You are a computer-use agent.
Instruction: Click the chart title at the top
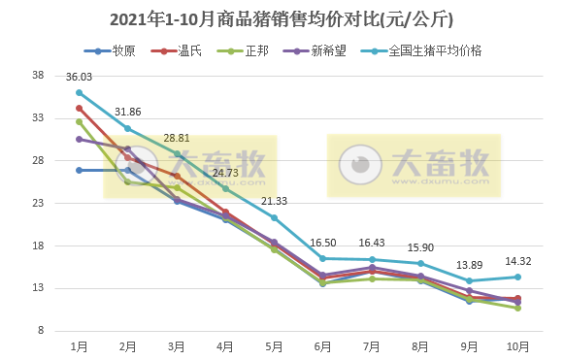[282, 18]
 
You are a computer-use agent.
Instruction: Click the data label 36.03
[79, 77]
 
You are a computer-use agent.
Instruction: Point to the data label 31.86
[128, 112]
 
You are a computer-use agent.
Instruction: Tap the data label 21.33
[275, 201]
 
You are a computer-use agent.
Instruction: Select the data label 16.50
[323, 243]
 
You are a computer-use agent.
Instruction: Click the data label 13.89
[470, 265]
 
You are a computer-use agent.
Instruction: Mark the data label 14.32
[518, 261]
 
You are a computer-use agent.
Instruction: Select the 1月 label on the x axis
[79, 346]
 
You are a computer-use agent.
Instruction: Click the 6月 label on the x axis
[323, 346]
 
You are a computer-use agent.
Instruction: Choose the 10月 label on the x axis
[518, 346]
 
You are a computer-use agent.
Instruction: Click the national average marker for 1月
[79, 92]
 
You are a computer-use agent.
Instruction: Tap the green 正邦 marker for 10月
[518, 308]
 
